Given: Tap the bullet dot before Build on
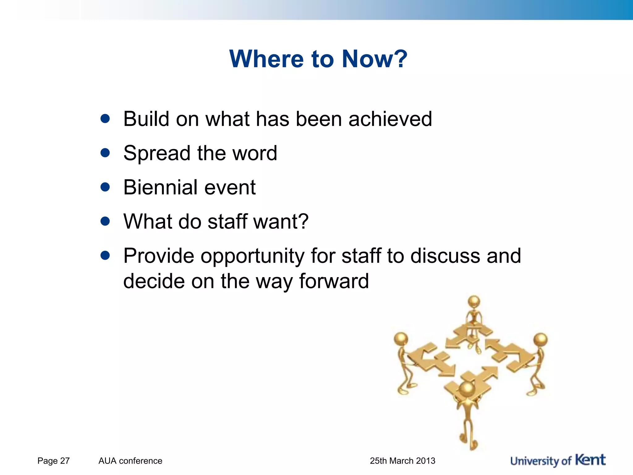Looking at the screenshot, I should coord(105,119).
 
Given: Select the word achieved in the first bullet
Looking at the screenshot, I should coord(390,119).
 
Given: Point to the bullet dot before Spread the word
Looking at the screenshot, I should coord(105,153).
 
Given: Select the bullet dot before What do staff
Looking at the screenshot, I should coord(105,221).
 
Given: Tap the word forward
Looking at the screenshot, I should coord(334,281).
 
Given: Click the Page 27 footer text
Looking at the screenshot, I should coord(53,461).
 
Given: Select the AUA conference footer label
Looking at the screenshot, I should coord(130,461).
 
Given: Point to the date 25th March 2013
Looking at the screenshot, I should coord(402,461).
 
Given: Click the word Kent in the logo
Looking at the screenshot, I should coord(590,460).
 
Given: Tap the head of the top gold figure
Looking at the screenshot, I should coord(474,301).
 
